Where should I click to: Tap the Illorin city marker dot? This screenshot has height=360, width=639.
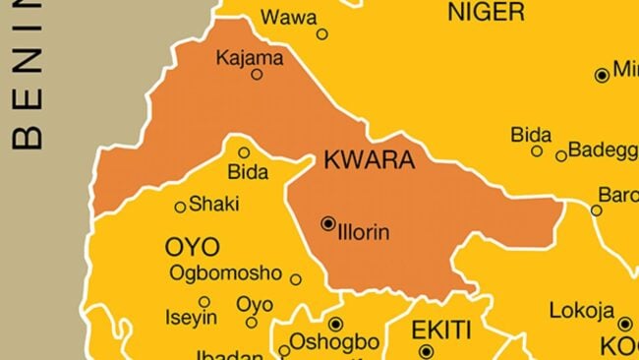coord(328,224)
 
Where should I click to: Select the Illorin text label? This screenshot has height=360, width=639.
coord(365,233)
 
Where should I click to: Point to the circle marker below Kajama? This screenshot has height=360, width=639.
coord(257,74)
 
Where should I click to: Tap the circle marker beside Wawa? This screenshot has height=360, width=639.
coord(321,33)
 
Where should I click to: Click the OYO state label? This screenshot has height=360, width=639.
coord(193,247)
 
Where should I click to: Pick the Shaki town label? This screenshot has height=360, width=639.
coord(213,204)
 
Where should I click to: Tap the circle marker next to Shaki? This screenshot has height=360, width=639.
coord(180,207)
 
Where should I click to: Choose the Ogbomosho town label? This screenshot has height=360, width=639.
coord(226,272)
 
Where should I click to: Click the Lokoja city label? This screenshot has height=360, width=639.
coord(581,311)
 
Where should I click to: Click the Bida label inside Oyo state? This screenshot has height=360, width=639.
coord(247,172)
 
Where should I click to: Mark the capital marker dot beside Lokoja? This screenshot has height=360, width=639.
coord(624,324)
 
